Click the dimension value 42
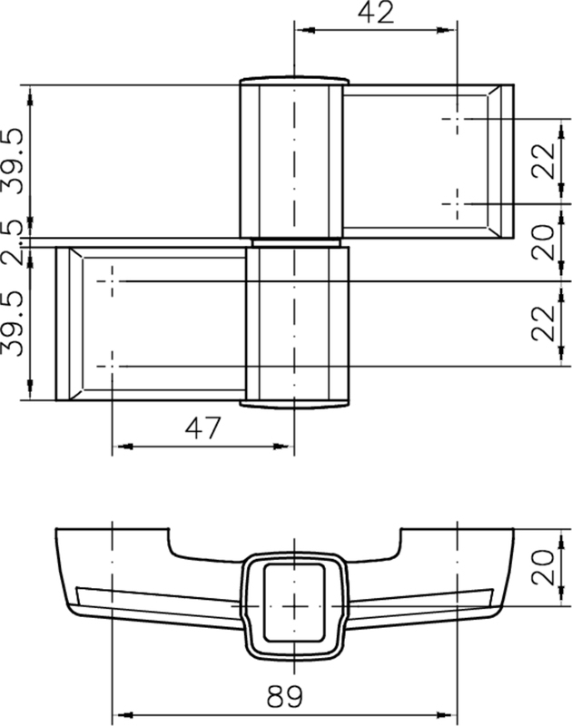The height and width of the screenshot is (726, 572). (376, 13)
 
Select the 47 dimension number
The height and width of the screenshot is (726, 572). (202, 428)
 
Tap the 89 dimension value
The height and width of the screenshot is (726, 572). (285, 696)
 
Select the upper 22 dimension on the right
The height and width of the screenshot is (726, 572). (543, 162)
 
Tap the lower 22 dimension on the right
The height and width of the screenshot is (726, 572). (543, 324)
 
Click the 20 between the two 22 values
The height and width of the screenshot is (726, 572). (543, 242)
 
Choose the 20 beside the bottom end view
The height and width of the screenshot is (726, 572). (543, 568)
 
